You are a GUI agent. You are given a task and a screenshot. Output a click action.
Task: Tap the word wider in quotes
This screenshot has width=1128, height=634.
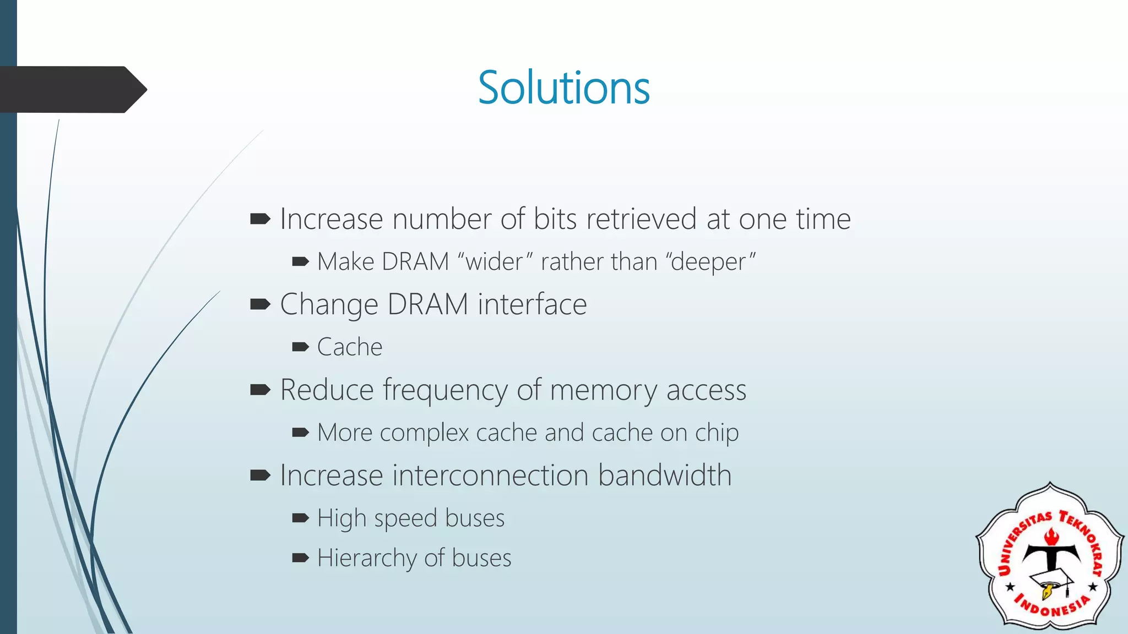(x=494, y=261)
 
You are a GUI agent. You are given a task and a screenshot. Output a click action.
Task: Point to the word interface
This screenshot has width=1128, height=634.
(x=532, y=304)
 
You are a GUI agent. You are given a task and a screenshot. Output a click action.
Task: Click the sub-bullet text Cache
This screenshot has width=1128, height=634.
(x=349, y=347)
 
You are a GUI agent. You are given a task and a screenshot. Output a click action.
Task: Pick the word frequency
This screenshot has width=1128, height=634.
(x=445, y=391)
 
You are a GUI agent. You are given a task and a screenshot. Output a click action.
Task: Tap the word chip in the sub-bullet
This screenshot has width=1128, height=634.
(x=716, y=433)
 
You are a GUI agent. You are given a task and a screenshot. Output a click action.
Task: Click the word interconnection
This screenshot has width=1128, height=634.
(x=490, y=475)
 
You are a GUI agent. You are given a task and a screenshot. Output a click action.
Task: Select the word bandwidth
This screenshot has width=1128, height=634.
(x=665, y=475)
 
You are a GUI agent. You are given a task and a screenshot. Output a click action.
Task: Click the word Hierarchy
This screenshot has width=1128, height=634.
(x=367, y=558)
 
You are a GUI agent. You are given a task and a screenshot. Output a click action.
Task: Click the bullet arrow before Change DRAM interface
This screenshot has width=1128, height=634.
(x=260, y=304)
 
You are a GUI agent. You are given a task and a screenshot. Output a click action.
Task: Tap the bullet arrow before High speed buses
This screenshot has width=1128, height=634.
(x=300, y=518)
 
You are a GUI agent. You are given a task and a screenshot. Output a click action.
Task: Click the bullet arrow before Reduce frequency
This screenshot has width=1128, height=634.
(x=260, y=390)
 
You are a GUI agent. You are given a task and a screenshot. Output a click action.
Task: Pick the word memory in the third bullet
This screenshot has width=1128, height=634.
(x=603, y=390)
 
